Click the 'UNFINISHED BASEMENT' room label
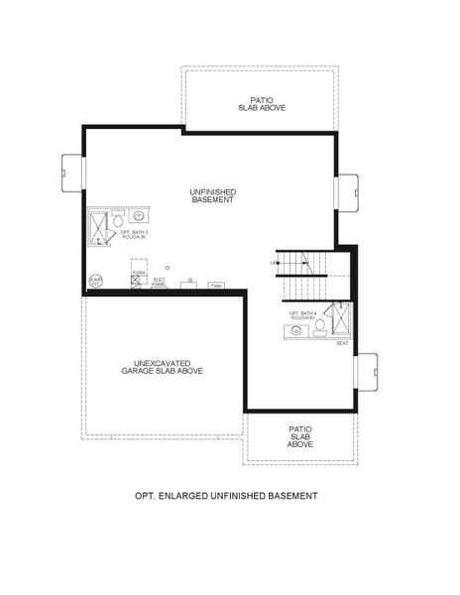click(x=213, y=195)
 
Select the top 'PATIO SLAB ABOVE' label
click(x=261, y=103)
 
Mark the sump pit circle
click(x=96, y=282)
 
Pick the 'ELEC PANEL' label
click(x=159, y=282)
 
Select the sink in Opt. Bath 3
click(x=140, y=216)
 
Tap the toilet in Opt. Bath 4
click(x=319, y=326)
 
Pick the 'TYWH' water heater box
click(x=216, y=287)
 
